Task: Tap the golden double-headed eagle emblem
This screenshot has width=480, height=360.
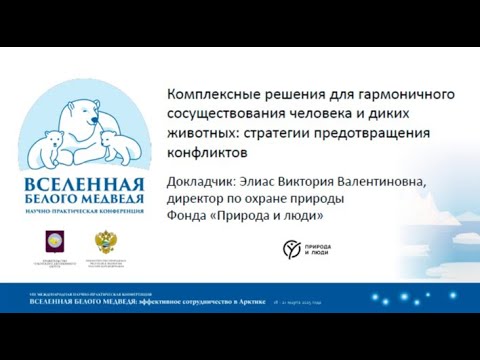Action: point(104,243)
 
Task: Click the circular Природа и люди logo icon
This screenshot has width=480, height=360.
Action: point(292,248)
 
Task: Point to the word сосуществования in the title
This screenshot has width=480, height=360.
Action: point(232,114)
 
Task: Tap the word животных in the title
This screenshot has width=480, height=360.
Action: point(206,134)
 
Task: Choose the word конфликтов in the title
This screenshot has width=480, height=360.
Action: point(206,154)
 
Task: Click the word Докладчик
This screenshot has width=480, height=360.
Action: point(207,181)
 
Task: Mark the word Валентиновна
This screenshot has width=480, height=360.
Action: point(400,181)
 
